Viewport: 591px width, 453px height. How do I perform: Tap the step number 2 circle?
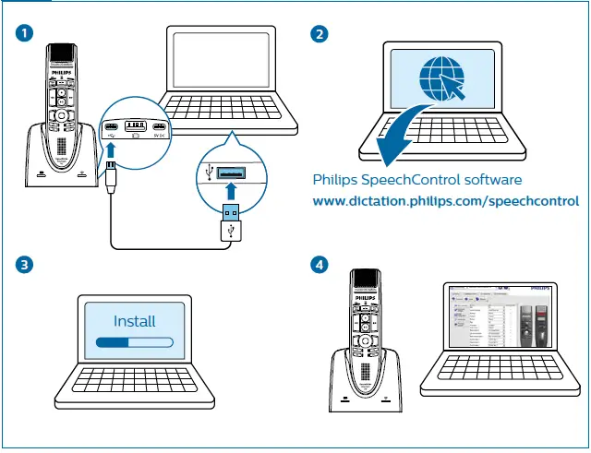pyautogui.click(x=320, y=34)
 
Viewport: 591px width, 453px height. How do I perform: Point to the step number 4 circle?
pyautogui.click(x=320, y=265)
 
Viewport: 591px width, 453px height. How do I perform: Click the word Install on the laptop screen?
pyautogui.click(x=134, y=322)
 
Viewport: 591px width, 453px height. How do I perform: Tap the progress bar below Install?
pyautogui.click(x=134, y=342)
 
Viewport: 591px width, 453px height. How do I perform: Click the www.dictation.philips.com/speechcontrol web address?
pyautogui.click(x=445, y=200)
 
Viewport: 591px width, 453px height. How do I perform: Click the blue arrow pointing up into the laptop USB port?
pyautogui.click(x=231, y=191)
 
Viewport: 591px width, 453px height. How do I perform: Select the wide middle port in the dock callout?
pyautogui.click(x=135, y=125)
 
